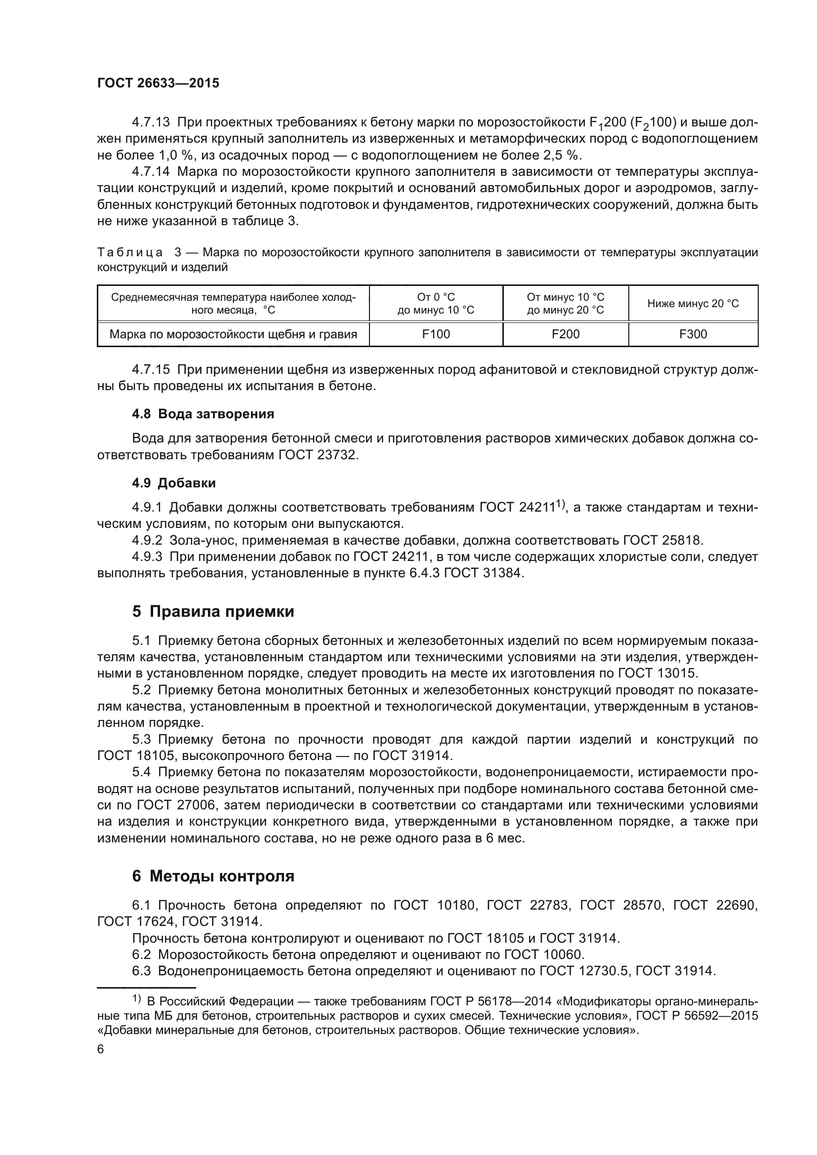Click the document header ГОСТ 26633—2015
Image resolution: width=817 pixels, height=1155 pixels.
point(158,83)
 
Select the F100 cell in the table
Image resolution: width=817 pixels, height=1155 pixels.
point(436,334)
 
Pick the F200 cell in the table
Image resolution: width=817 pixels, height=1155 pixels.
point(566,334)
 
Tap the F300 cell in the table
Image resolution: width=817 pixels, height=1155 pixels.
point(693,334)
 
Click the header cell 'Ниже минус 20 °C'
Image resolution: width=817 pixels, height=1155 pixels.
point(693,303)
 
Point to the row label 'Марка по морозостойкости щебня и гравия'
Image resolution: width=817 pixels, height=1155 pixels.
point(234,334)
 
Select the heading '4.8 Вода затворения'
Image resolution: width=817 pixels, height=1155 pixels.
point(203,414)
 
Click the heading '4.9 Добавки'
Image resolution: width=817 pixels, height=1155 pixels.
point(173,483)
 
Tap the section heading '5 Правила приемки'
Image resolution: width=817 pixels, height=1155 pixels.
point(213,612)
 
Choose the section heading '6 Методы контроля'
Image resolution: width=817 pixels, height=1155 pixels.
point(213,876)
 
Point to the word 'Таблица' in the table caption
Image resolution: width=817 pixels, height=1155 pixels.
point(130,252)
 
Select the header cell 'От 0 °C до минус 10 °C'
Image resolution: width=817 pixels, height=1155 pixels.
point(436,303)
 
